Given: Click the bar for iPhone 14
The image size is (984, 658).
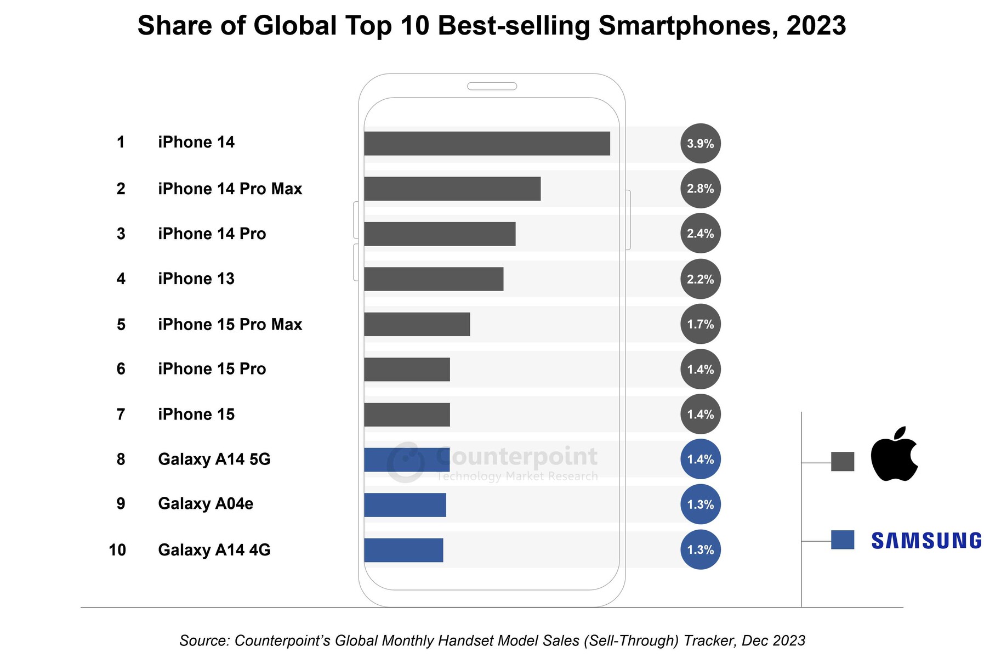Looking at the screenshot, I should tap(487, 144).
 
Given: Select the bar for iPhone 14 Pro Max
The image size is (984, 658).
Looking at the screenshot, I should tap(452, 189).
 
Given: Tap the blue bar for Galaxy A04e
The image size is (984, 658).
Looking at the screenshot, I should tap(405, 505).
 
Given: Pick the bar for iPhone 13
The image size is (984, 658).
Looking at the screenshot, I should tap(434, 279).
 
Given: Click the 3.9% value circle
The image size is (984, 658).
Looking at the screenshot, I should tap(700, 144).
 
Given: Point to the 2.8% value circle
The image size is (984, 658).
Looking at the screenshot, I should tap(700, 189).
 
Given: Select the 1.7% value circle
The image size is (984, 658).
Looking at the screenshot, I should tap(700, 324).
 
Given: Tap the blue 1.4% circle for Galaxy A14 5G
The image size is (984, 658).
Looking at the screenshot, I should tap(700, 460).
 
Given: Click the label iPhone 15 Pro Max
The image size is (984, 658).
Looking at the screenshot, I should tap(230, 325).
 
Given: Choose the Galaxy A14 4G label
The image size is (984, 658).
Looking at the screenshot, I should tap(214, 550).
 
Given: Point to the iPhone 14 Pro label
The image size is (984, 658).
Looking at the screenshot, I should tap(212, 234).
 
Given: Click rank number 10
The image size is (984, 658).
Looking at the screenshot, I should tap(117, 550).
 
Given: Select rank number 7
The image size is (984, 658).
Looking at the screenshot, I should tap(121, 415).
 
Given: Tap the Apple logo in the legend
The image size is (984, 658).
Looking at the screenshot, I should tap(894, 455).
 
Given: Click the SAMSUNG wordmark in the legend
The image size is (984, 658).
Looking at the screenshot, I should tap(926, 541).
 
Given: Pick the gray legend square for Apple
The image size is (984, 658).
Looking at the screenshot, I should tap(842, 462).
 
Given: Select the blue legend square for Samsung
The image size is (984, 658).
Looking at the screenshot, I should tap(842, 540).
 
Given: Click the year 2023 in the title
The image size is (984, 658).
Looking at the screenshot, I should tap(816, 26).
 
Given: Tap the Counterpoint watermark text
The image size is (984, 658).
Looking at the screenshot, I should tap(517, 457).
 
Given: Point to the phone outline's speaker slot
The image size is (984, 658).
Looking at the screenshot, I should tap(492, 86).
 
